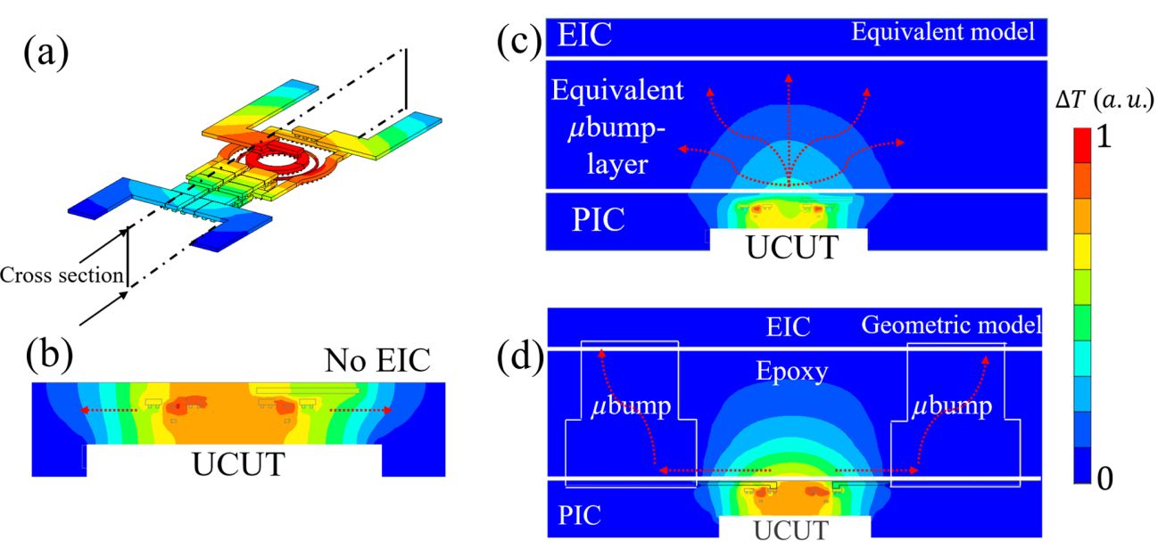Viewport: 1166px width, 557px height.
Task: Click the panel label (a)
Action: click(x=45, y=54)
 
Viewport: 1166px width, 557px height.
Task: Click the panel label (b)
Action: click(x=49, y=357)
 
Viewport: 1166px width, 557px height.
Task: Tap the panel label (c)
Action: click(x=519, y=43)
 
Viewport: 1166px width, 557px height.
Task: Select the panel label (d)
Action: click(x=520, y=359)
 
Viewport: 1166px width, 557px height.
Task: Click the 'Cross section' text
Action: click(x=62, y=275)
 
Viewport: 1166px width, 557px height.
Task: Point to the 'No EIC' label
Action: click(x=377, y=360)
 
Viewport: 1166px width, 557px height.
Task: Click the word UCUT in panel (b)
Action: click(x=239, y=464)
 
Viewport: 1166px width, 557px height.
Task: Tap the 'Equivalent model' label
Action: click(x=943, y=32)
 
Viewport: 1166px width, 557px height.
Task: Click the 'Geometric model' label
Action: click(x=952, y=325)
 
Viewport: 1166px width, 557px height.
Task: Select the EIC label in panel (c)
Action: click(x=584, y=35)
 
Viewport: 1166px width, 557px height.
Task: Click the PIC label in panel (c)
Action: click(x=598, y=220)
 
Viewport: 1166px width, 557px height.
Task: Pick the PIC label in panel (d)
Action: click(x=579, y=515)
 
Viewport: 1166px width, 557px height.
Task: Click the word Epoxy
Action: click(x=791, y=373)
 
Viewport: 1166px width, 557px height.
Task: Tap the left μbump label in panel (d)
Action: click(x=631, y=406)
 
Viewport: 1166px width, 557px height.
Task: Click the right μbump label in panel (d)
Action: click(x=952, y=406)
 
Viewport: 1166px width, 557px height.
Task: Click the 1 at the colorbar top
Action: click(x=1104, y=137)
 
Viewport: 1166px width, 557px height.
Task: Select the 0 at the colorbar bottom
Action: click(x=1105, y=479)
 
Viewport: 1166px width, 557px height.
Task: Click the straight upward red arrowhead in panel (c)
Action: click(x=789, y=78)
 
